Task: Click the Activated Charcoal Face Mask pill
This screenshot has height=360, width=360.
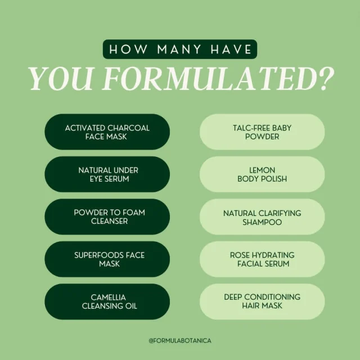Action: click(107, 132)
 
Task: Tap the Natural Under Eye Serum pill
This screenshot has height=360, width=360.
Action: click(107, 174)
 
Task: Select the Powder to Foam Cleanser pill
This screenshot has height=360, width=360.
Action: click(107, 217)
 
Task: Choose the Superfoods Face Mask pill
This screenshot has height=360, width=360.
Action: click(107, 259)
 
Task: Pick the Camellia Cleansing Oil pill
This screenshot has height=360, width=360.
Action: click(107, 301)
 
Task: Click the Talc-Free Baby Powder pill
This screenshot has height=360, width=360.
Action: click(262, 132)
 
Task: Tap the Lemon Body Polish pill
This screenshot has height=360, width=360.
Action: click(262, 174)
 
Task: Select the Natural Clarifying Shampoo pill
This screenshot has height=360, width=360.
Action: click(262, 217)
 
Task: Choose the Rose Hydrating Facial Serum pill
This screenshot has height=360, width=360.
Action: click(262, 259)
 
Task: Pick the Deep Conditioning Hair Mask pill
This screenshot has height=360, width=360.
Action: click(262, 301)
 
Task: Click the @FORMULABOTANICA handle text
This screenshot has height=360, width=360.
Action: click(180, 340)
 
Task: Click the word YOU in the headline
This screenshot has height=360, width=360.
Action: click(61, 79)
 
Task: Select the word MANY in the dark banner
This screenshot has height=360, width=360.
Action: click(179, 49)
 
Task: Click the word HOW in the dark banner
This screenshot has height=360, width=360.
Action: click(128, 49)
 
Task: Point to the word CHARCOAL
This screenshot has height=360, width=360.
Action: click(128, 128)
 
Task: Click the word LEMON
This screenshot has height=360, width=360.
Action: click(262, 170)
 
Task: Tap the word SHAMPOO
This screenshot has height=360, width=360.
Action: click(262, 222)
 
